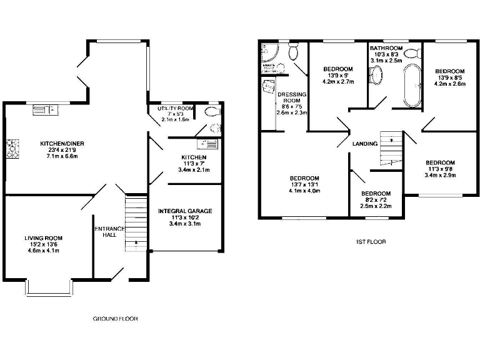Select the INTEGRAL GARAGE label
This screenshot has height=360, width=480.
[x=185, y=211]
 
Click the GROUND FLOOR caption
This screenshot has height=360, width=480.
[x=115, y=319]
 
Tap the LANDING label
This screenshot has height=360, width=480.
[x=365, y=144]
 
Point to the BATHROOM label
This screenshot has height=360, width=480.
[x=386, y=48]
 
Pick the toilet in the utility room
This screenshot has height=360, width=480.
[x=212, y=112]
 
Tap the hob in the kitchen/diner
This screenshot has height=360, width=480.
[x=11, y=148]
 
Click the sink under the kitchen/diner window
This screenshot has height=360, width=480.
[x=46, y=111]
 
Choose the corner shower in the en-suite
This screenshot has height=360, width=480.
[x=270, y=51]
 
